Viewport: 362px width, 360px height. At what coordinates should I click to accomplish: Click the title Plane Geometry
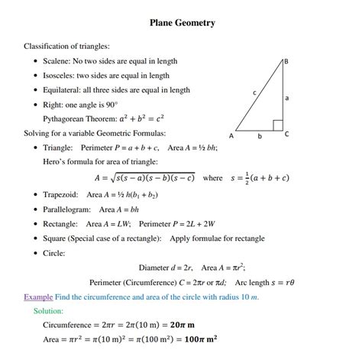[x=182, y=23]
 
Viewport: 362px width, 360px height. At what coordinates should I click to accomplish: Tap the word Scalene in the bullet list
[x=58, y=60]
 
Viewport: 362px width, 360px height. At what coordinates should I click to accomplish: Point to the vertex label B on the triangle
[x=285, y=61]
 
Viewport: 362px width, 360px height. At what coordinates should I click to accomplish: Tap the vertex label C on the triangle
[x=286, y=134]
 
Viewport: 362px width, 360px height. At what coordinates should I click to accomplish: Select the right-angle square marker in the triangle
[x=277, y=125]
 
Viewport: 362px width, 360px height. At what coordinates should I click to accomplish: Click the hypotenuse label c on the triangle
[x=254, y=92]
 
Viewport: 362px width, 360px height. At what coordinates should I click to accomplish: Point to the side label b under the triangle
[x=259, y=136]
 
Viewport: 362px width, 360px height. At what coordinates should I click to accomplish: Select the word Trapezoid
[x=62, y=195]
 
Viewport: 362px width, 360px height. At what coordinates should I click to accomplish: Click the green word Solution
[x=49, y=311]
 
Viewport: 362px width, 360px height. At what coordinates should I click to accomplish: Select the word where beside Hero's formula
[x=213, y=178]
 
